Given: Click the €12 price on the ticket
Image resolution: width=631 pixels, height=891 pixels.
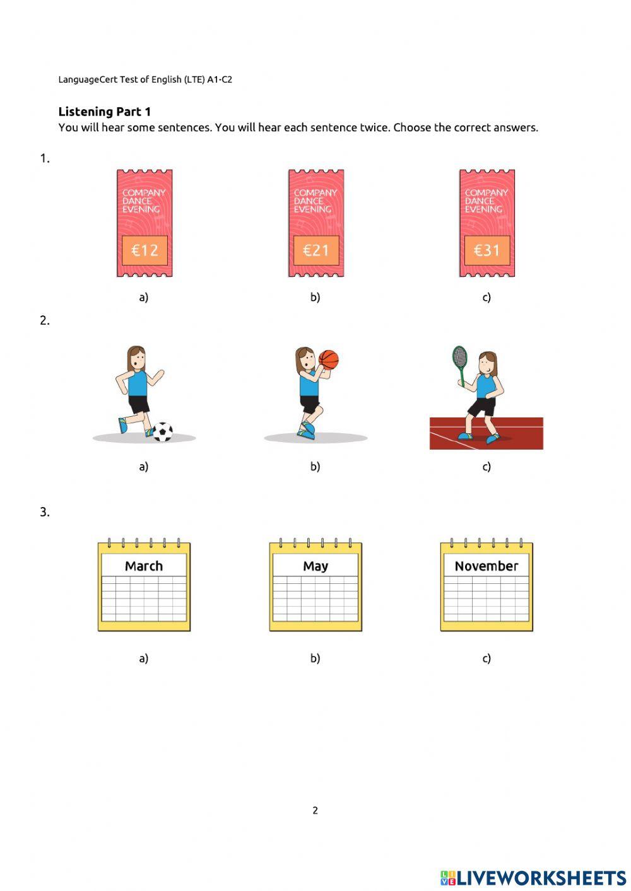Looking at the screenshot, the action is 144,250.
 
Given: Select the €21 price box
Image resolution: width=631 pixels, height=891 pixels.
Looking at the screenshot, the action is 316,250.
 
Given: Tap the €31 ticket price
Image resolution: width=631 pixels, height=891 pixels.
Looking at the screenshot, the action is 487,250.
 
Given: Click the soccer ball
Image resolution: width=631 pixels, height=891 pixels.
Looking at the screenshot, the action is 163,432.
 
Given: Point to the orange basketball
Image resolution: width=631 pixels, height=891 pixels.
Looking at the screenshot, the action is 329,359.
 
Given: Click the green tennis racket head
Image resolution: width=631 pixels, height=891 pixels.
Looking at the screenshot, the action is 459,356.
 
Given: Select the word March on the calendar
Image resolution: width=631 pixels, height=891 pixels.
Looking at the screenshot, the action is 144,566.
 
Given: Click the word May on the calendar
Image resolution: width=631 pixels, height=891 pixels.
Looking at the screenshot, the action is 315,566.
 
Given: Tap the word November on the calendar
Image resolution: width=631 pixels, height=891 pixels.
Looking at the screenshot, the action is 487,566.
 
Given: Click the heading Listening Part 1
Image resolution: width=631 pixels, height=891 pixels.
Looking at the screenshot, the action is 104,112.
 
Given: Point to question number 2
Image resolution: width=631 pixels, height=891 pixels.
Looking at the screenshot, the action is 45,320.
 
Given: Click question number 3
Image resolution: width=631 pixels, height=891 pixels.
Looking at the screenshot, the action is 45,512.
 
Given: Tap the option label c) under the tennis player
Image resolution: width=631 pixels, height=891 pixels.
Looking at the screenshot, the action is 487,467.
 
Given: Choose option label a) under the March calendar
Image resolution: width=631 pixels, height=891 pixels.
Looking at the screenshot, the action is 144,658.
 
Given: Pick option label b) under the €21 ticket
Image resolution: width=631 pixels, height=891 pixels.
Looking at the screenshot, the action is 315,297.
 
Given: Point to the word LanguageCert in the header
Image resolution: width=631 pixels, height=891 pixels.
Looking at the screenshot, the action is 88,80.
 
